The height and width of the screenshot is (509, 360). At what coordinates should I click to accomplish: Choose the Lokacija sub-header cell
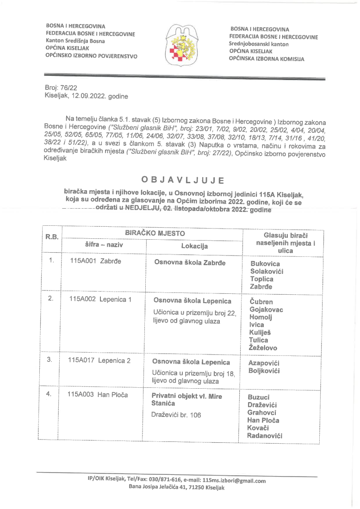click(194, 246)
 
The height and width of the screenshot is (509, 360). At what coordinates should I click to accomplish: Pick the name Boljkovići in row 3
click(264, 371)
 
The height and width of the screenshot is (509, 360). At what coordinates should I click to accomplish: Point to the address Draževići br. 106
click(176, 415)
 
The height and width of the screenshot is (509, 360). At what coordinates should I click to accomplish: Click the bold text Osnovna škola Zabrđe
click(189, 263)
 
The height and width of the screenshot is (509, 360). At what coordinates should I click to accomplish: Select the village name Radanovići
click(265, 435)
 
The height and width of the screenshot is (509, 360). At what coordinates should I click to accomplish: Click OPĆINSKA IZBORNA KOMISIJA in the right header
click(266, 59)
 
